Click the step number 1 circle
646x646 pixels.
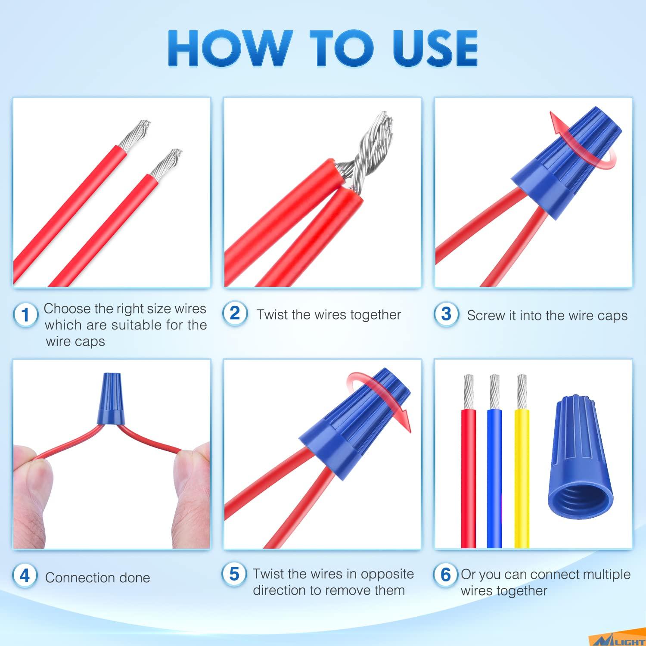coord(25,314)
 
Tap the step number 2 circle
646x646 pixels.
coord(235,313)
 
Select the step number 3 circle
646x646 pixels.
coord(446,314)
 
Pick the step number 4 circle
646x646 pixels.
coord(25,576)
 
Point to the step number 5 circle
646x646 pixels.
coord(234,574)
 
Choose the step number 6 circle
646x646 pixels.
coord(445,575)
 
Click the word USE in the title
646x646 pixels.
coord(435,48)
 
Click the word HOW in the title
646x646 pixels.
coord(228,48)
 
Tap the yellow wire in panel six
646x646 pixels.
coord(522,474)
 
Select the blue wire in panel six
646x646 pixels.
coord(494,474)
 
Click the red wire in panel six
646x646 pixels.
coord(469,474)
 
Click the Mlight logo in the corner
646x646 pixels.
coord(620,641)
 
